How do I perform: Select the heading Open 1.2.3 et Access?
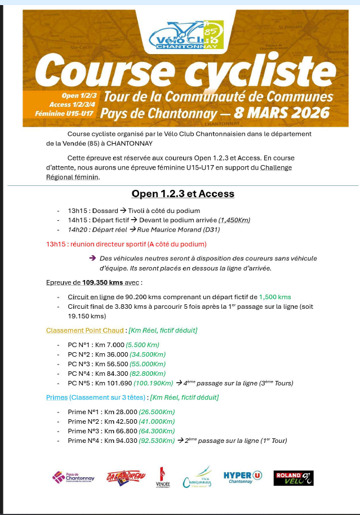pos(183,194)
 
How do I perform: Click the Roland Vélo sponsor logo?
pos(293,478)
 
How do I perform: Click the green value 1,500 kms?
pos(275,297)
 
